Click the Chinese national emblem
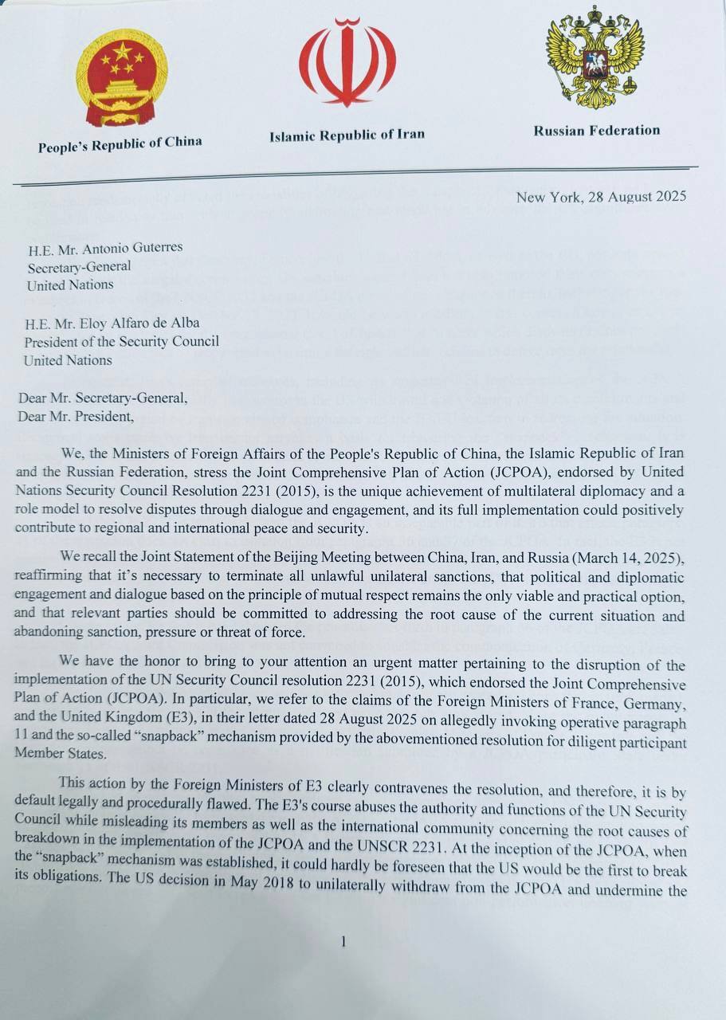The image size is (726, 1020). [x=121, y=83]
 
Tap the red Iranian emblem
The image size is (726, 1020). [x=347, y=64]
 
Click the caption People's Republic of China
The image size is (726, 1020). [x=120, y=144]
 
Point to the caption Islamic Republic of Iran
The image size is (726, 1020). [x=347, y=135]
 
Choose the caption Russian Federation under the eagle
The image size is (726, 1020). [x=597, y=131]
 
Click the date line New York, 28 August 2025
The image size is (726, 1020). [x=600, y=196]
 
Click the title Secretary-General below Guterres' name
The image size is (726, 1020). [x=79, y=266]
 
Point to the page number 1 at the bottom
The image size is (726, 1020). [x=343, y=942]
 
